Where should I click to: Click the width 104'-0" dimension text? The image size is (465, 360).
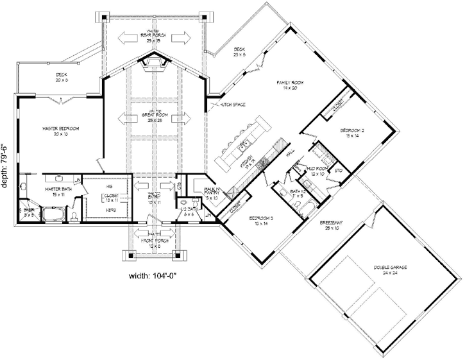[151, 277]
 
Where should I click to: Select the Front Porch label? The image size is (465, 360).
[153, 243]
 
